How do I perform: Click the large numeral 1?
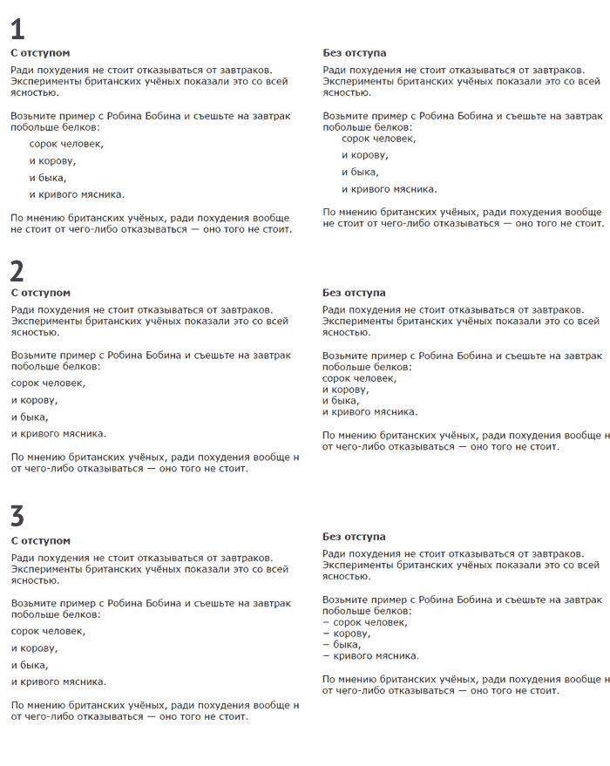[17, 30]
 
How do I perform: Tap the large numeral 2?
[17, 270]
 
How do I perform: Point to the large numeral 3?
[17, 516]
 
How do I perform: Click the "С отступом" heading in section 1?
[40, 53]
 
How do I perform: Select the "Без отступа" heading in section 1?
[354, 53]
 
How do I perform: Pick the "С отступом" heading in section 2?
[40, 294]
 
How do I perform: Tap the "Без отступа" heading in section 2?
[354, 294]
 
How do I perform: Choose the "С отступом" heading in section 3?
[40, 541]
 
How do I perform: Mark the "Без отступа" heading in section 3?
[354, 537]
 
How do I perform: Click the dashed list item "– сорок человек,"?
[365, 622]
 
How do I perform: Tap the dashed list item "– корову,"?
[346, 634]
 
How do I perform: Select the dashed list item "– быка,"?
[342, 645]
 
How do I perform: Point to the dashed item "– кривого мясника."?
[370, 656]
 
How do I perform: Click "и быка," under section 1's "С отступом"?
[48, 178]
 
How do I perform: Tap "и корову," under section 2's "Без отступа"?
[345, 390]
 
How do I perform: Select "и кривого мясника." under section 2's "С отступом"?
[58, 433]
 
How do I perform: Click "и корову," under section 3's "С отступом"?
[35, 648]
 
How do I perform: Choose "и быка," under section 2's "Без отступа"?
[341, 401]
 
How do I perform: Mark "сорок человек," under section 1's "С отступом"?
[66, 145]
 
